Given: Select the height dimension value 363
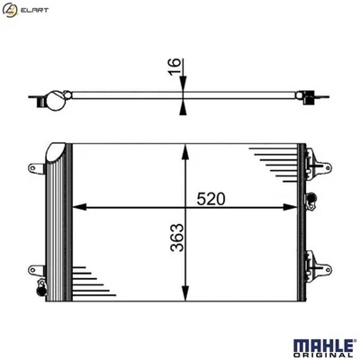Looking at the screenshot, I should pyautogui.click(x=178, y=242).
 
